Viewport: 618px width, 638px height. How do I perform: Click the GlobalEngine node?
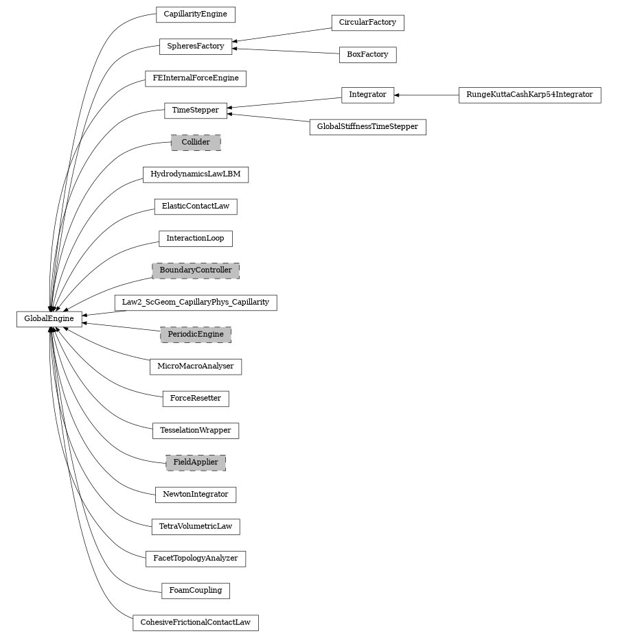click(49, 319)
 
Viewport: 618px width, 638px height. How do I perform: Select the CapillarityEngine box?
click(195, 14)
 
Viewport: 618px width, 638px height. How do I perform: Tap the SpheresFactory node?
click(195, 46)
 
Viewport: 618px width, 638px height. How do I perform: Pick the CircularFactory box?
click(367, 23)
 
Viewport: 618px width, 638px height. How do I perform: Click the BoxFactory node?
click(367, 54)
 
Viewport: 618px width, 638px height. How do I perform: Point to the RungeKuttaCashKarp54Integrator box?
click(529, 95)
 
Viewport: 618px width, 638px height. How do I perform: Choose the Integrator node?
click(367, 95)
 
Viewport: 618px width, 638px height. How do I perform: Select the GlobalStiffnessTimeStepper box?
click(367, 127)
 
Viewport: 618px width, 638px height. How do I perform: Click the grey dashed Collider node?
click(196, 143)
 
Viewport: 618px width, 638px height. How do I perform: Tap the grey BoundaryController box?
click(196, 270)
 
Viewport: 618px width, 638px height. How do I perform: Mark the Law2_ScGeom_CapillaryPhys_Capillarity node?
click(196, 303)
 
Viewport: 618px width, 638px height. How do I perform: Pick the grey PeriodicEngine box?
click(196, 335)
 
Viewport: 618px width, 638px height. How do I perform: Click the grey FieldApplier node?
click(196, 462)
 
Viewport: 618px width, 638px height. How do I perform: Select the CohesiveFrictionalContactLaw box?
click(196, 623)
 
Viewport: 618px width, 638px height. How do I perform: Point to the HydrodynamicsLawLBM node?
click(196, 174)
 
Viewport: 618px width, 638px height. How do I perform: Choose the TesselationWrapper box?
click(196, 431)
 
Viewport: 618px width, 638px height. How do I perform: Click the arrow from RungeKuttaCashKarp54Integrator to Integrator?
click(426, 95)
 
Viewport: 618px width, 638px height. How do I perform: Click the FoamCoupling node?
click(196, 591)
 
